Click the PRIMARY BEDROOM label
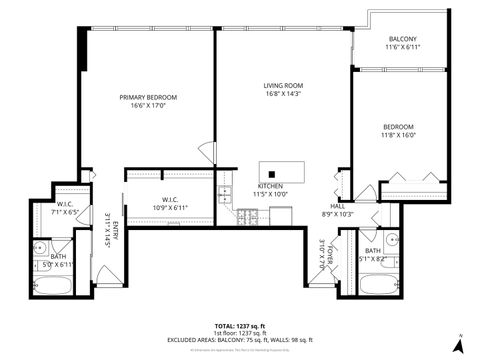(x=148, y=97)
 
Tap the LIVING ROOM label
(x=283, y=86)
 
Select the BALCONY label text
(x=405, y=39)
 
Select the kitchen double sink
(x=226, y=193)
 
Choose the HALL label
(x=338, y=205)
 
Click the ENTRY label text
(x=117, y=230)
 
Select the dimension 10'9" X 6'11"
(x=170, y=207)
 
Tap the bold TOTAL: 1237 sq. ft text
(x=239, y=326)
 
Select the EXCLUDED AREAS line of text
(x=239, y=340)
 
